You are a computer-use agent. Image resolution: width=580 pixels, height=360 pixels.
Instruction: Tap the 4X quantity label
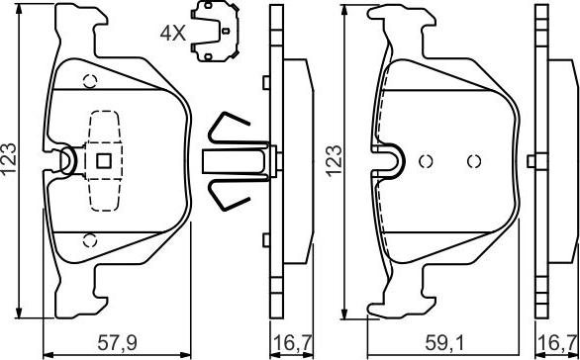click(172, 34)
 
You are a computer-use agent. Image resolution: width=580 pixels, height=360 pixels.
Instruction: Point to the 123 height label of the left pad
click(10, 159)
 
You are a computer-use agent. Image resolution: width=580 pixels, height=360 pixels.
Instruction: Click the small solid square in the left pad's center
click(104, 161)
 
